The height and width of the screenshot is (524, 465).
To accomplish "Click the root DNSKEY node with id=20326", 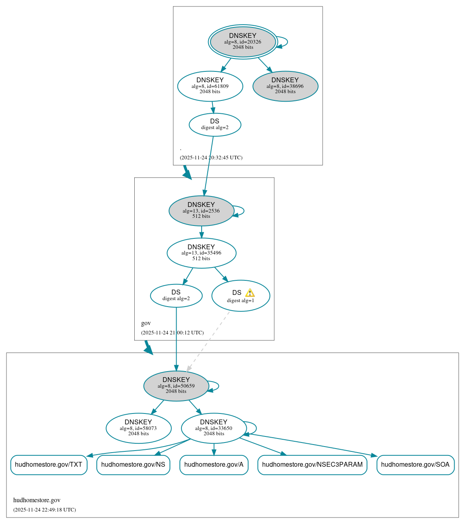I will [243, 42].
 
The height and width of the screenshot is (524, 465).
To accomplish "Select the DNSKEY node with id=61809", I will [210, 86].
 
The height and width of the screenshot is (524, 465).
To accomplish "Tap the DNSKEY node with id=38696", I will [285, 86].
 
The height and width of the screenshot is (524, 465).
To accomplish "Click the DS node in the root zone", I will [215, 125].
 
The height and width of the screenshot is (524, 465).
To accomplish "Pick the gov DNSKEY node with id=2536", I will [201, 211].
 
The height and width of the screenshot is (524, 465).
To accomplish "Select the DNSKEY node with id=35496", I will [201, 253].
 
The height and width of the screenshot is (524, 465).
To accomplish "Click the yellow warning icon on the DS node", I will [250, 293].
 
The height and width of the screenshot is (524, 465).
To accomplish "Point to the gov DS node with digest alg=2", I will [176, 296].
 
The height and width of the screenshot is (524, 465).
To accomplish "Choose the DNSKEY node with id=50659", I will [176, 386].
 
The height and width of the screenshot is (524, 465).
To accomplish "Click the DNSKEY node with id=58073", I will [138, 428].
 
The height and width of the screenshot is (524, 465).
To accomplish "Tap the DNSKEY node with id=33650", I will [214, 428].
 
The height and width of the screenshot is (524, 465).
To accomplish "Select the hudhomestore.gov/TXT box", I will [48, 465].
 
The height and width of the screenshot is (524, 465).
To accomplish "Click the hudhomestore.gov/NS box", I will [133, 465].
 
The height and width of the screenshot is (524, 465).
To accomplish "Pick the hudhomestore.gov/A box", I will [214, 465].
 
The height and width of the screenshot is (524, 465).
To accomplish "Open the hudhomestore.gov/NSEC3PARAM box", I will [312, 465].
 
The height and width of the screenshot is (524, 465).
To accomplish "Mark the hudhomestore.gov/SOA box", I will [415, 465].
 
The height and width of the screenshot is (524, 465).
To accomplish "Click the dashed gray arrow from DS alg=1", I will [208, 341].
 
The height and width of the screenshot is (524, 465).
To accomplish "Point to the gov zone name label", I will [146, 323].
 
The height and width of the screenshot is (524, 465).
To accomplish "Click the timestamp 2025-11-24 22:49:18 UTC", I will [44, 510].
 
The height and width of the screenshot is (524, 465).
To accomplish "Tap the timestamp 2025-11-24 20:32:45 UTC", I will [211, 158].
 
